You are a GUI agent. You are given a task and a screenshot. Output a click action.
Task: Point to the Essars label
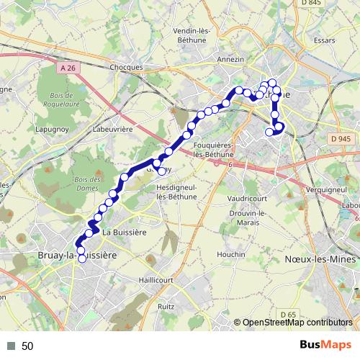pos(325,40)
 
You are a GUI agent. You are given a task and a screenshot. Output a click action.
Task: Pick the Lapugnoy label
pos(53,129)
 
